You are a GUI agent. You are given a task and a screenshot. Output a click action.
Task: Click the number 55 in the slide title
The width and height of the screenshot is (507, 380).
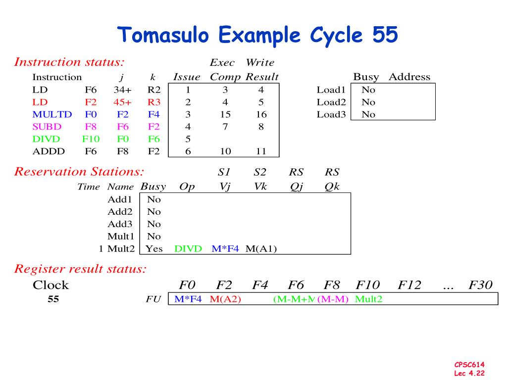(x=383, y=36)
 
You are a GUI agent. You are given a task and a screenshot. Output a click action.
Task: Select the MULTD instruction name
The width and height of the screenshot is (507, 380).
(x=52, y=115)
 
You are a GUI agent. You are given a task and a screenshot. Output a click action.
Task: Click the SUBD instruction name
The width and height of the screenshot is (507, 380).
(x=47, y=127)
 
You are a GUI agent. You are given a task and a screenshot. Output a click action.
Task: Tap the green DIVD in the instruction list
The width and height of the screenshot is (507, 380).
(x=47, y=139)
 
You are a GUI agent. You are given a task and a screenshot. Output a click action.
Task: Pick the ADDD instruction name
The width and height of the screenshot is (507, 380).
(x=48, y=151)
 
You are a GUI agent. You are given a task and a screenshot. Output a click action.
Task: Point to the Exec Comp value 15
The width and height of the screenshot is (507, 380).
(x=225, y=115)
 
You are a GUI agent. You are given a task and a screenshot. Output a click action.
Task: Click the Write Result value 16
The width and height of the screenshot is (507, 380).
(x=261, y=115)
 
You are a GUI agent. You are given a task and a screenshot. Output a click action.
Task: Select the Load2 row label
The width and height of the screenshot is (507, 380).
(x=331, y=102)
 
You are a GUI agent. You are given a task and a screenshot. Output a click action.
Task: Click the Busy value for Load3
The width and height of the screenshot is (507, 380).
(x=368, y=115)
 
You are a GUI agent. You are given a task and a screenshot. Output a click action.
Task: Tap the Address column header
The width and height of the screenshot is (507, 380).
(x=409, y=77)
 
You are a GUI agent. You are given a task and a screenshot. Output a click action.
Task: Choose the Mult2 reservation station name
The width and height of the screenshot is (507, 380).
(x=121, y=248)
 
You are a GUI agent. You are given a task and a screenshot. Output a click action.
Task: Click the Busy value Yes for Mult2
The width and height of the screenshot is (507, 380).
(x=154, y=248)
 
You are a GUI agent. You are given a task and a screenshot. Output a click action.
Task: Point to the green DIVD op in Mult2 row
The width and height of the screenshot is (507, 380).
(x=188, y=248)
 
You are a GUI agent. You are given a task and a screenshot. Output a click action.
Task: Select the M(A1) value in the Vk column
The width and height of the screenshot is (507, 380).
(x=261, y=248)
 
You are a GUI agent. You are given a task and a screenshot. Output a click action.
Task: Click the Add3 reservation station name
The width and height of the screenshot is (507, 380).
(x=120, y=224)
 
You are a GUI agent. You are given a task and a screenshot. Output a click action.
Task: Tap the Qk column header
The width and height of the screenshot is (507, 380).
(x=332, y=187)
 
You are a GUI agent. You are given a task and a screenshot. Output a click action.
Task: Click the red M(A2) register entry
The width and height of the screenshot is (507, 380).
(x=225, y=299)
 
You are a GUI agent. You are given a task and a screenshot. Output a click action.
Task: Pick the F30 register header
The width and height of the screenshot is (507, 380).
(x=480, y=285)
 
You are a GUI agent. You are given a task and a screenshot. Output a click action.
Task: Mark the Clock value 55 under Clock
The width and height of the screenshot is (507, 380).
(x=53, y=299)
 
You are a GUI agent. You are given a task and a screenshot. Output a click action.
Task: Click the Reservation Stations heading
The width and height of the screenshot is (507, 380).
(x=79, y=172)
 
